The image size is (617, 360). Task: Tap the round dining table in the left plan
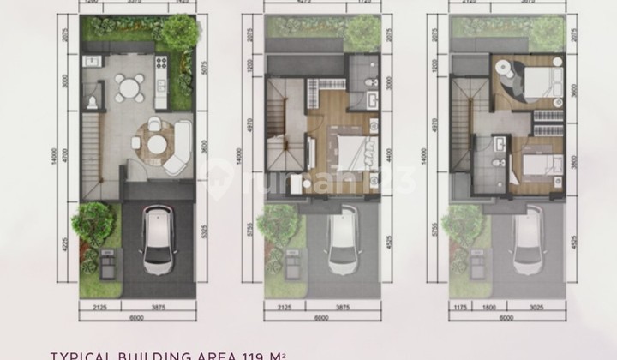click(131, 87)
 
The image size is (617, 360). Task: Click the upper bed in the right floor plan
click(531, 81)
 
